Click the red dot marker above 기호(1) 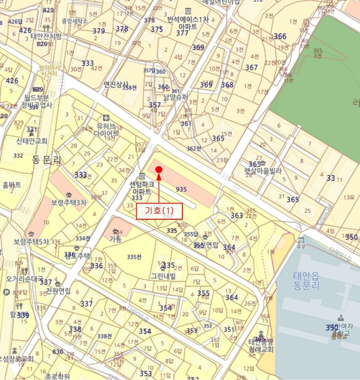[159, 170]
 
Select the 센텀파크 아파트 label [142, 188]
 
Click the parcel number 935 [181, 189]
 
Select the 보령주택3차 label [69, 202]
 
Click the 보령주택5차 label [31, 242]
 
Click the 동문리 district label [47, 161]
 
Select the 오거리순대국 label [24, 279]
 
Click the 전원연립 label [58, 290]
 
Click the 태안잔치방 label [46, 36]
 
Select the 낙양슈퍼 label [177, 98]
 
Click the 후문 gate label [300, 246]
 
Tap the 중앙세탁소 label [74, 21]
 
